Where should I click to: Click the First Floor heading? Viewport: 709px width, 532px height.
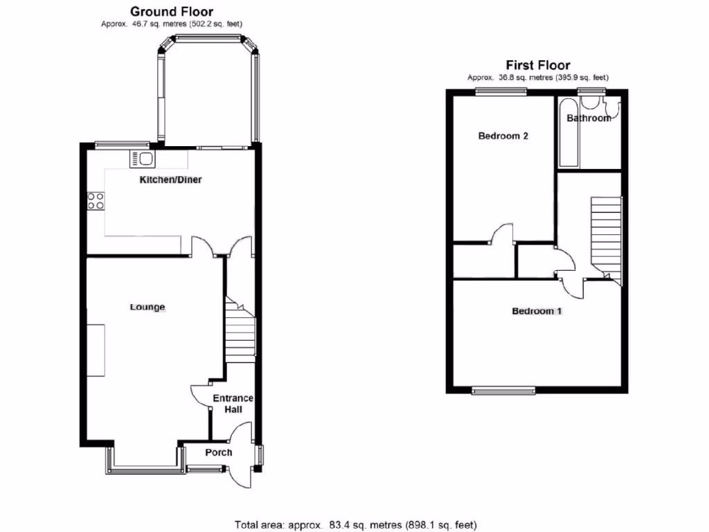pos(537,66)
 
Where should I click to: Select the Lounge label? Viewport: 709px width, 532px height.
pos(147,307)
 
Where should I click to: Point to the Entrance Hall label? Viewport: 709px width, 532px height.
pos(233,404)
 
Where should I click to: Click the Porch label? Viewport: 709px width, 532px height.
pos(219,452)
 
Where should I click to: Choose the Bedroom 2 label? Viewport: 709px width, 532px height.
pos(503,136)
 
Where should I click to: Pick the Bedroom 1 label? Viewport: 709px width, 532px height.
pos(537,311)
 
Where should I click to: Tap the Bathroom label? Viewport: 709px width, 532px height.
pos(589,118)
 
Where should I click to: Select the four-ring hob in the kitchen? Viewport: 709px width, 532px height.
pos(96,201)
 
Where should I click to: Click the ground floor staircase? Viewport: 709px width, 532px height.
pos(241,332)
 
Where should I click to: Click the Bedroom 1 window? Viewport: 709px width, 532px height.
pos(503,391)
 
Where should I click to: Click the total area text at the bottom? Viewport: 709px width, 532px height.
pos(355,525)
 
